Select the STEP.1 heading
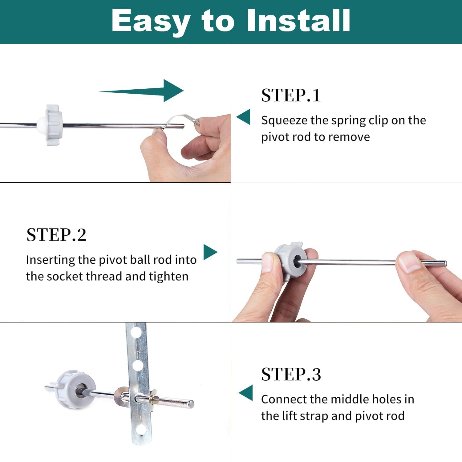pos(291,95)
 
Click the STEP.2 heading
pos(56,235)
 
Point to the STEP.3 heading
pos(291,374)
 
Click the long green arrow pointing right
pos(142,91)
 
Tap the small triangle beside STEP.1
pos(243,117)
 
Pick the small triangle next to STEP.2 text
pos(210,252)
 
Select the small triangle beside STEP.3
pos(245,393)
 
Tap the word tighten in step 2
pos(168,277)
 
